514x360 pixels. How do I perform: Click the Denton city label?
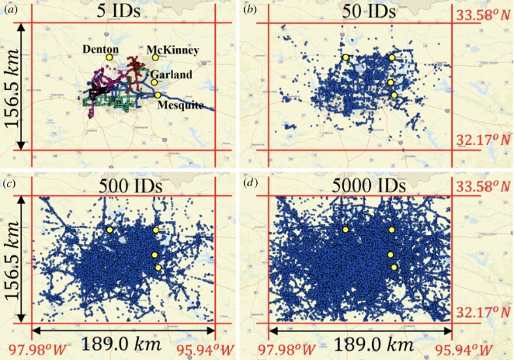click(101, 48)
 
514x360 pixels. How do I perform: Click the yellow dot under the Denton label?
click(110, 57)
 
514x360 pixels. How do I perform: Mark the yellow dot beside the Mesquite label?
click(158, 95)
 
